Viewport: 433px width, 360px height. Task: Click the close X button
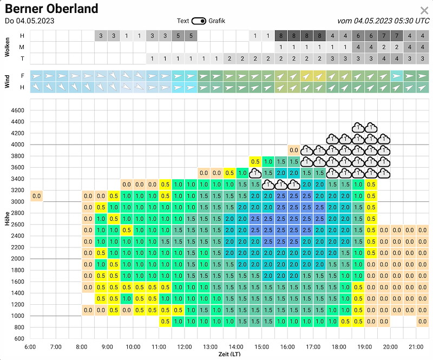click(x=424, y=10)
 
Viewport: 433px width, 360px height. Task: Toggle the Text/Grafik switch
click(x=199, y=21)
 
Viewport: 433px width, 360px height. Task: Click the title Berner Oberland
click(x=51, y=9)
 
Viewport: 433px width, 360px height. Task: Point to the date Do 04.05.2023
click(x=30, y=21)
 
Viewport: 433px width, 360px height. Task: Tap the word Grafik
click(x=217, y=21)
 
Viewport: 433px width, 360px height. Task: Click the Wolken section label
click(x=7, y=47)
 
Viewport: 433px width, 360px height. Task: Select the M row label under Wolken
click(x=22, y=47)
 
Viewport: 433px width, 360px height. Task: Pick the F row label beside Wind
click(x=22, y=76)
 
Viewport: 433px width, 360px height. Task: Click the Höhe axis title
click(x=7, y=219)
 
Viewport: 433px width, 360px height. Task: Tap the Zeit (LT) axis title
click(x=229, y=354)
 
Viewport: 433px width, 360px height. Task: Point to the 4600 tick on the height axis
click(x=17, y=110)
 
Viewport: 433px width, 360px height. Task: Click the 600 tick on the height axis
click(x=19, y=338)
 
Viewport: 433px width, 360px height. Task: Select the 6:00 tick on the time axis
click(x=30, y=347)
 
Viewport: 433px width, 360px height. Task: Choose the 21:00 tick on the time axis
click(x=416, y=347)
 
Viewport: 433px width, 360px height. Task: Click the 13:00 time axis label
click(x=210, y=347)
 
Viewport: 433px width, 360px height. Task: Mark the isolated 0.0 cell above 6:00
click(x=36, y=196)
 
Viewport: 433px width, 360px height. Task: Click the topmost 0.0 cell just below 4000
click(x=294, y=150)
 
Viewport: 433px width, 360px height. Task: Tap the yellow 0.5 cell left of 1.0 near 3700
click(x=255, y=162)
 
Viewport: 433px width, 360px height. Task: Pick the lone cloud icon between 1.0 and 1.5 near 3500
click(x=255, y=173)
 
